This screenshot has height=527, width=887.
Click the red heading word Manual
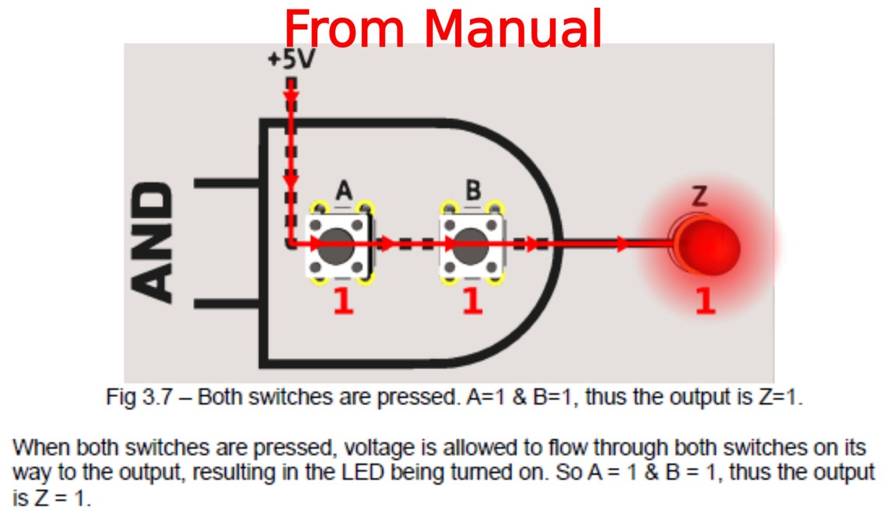point(513,29)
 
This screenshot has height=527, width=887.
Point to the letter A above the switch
point(344,189)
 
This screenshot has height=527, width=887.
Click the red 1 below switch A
point(343,302)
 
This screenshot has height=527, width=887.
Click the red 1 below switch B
point(472,302)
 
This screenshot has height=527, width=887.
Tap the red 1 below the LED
point(704,302)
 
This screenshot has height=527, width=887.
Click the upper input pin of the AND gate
point(226,184)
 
